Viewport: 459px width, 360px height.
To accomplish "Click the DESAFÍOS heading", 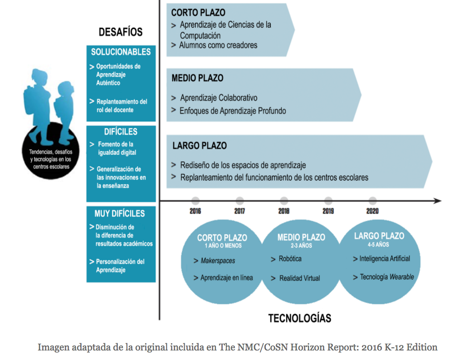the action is click(x=121, y=32).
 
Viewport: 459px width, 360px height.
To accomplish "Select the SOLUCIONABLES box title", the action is click(x=121, y=52).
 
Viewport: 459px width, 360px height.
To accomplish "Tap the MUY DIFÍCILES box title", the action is click(x=120, y=213).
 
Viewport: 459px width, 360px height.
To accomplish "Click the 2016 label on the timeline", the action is click(x=195, y=211).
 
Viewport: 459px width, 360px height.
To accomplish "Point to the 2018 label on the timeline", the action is click(x=284, y=211).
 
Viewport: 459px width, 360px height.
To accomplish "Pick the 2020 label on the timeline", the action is click(x=372, y=211).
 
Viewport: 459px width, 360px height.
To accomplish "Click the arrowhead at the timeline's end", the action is click(x=437, y=201).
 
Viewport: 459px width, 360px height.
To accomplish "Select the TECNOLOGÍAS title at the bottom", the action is click(x=300, y=318).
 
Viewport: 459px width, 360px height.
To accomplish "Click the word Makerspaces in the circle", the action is click(x=218, y=261).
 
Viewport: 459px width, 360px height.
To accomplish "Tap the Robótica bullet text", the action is click(x=290, y=259).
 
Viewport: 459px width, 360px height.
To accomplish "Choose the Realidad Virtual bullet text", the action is click(x=299, y=278).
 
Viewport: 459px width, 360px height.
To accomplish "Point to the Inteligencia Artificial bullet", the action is click(x=385, y=259).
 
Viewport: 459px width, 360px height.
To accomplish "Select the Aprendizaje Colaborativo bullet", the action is click(x=219, y=98).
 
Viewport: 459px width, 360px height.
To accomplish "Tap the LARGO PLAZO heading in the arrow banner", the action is click(x=200, y=146).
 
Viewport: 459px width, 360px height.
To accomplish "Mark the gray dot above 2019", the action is click(x=328, y=201).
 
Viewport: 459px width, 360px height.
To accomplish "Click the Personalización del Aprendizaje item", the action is click(x=120, y=266).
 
